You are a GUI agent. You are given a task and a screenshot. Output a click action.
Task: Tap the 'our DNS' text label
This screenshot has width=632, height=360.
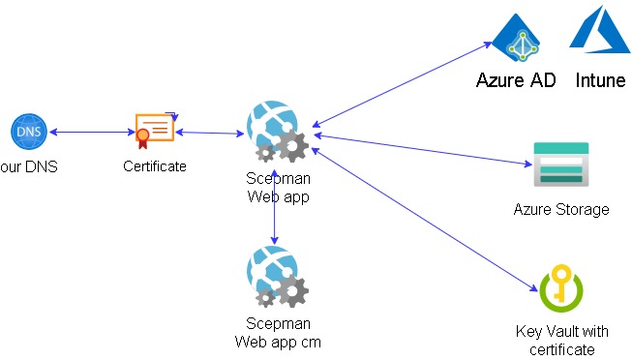29,166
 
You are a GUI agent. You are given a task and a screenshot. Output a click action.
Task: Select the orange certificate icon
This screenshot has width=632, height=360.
154,129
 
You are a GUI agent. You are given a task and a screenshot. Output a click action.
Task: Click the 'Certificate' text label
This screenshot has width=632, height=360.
155,166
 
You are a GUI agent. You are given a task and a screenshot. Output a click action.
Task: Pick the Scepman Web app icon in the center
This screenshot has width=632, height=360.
277,132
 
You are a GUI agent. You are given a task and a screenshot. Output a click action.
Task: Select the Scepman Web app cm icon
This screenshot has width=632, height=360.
277,278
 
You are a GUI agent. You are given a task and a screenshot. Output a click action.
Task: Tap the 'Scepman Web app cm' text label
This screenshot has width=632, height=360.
278,332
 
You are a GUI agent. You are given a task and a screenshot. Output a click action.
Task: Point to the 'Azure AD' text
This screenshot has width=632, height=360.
516,80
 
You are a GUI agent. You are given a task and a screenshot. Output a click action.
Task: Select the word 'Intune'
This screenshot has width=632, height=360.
600,80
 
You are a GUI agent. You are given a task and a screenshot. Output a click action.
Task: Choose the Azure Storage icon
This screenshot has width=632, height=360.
560,164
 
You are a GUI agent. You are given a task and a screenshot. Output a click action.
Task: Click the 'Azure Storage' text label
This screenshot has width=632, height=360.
561,209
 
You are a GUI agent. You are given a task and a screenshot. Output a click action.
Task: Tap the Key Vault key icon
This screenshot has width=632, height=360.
559,289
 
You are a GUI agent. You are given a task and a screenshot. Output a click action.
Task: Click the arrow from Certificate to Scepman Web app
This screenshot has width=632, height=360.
208,133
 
